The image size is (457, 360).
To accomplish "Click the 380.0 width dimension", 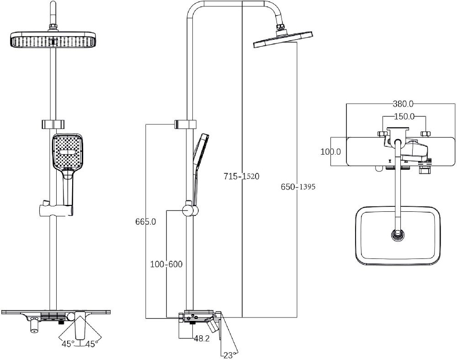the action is pyautogui.click(x=403, y=103).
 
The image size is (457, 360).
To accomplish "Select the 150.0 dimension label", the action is pyautogui.click(x=404, y=116).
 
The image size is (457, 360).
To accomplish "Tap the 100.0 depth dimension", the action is pyautogui.click(x=330, y=152).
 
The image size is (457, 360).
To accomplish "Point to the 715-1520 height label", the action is pyautogui.click(x=241, y=176).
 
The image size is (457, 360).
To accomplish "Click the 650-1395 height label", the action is pyautogui.click(x=298, y=187).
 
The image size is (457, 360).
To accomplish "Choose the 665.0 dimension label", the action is pyautogui.click(x=145, y=222).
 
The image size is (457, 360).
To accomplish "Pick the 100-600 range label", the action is pyautogui.click(x=166, y=264).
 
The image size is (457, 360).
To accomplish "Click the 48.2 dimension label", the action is pyautogui.click(x=202, y=339).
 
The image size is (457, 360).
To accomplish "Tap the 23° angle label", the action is pyautogui.click(x=229, y=355).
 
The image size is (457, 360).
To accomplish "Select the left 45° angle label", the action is pyautogui.click(x=68, y=344).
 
